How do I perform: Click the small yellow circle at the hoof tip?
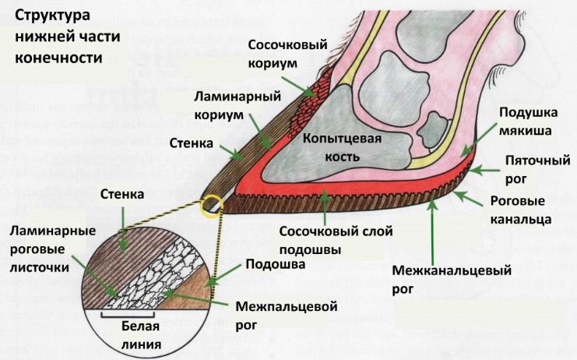[x=211, y=206]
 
